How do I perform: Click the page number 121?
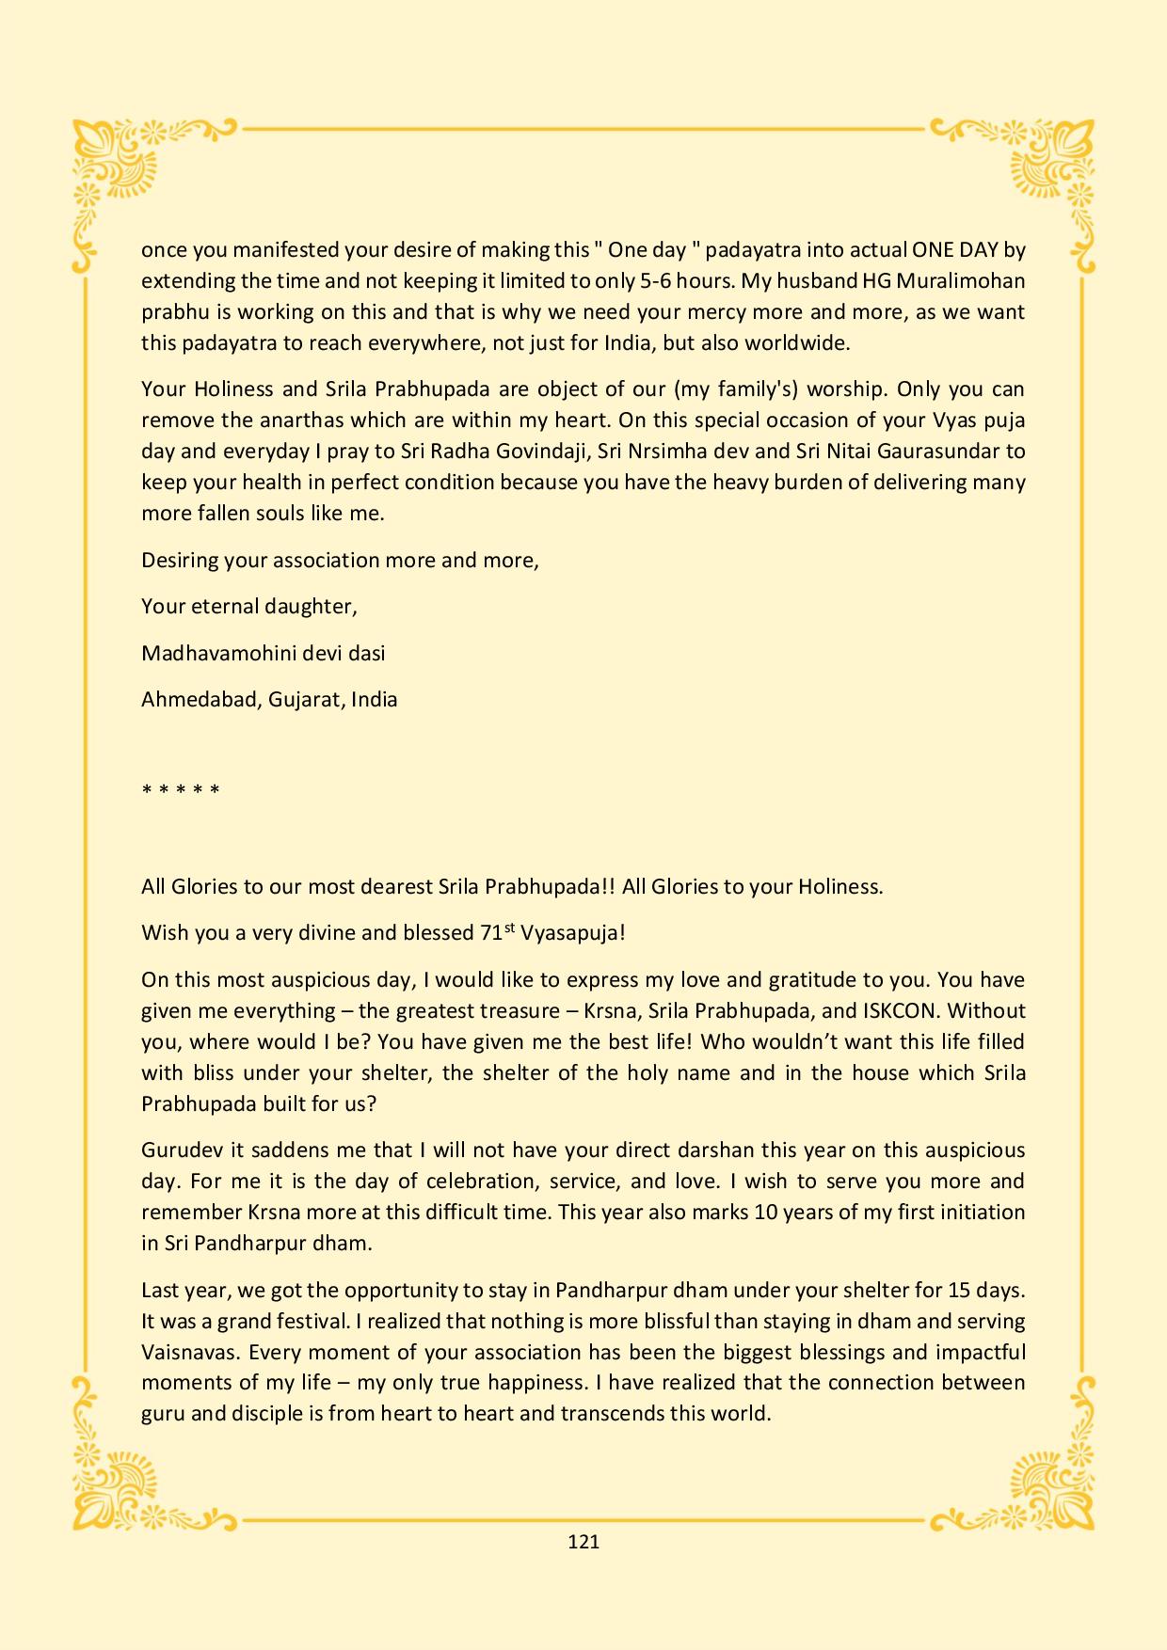point(583,1541)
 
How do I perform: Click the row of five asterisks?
point(181,789)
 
